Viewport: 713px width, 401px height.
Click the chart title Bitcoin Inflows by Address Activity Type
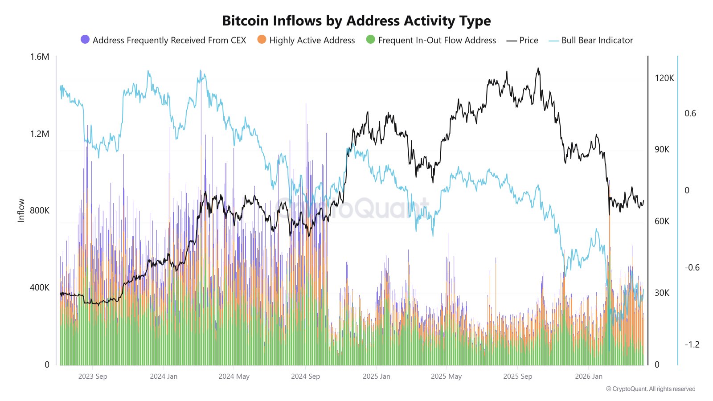pos(356,21)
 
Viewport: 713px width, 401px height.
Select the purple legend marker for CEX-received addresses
pos(85,40)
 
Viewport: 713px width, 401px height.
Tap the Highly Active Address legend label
pos(312,40)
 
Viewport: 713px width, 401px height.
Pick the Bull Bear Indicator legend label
pos(597,40)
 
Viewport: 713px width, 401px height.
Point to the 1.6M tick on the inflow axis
pos(40,57)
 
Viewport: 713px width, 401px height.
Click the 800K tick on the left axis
pos(40,210)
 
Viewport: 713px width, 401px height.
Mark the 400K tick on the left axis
pos(40,287)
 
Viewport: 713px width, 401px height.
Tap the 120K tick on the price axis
pos(664,78)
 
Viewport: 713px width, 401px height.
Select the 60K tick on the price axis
pos(662,221)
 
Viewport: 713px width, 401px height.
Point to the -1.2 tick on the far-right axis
pos(692,344)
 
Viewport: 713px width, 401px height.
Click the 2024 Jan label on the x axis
pos(164,376)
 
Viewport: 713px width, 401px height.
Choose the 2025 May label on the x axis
pos(446,376)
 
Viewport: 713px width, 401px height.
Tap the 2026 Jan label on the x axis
pos(588,376)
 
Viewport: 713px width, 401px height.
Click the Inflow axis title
pos(21,210)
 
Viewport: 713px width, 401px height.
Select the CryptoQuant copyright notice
pos(650,389)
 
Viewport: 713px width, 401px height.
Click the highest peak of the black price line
pos(538,68)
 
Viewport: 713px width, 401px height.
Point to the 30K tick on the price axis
pos(662,293)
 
